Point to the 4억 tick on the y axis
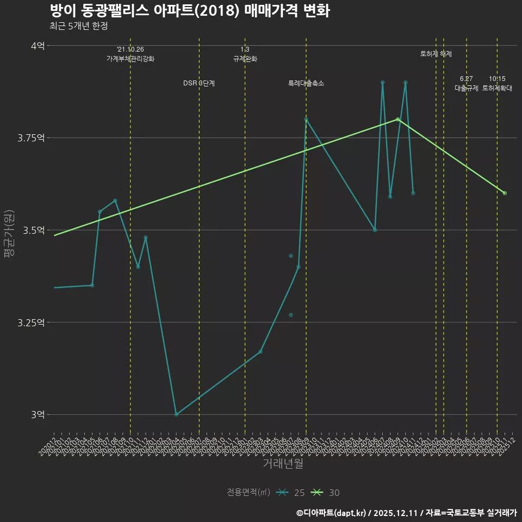coord(38,46)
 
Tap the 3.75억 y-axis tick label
coord(31,138)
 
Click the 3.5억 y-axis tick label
coord(34,230)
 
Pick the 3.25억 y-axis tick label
coord(31,322)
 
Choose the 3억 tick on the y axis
coord(38,414)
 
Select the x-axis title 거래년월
coord(283,463)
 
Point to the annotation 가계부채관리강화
coord(130,59)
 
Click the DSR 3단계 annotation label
coord(199,83)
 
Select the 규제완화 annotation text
coord(245,59)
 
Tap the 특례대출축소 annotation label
coord(306,83)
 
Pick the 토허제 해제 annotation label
coord(436,54)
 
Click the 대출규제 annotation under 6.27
coord(467,88)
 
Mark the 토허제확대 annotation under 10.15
coord(497,88)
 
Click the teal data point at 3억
coord(176,414)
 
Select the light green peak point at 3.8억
coord(397,119)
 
